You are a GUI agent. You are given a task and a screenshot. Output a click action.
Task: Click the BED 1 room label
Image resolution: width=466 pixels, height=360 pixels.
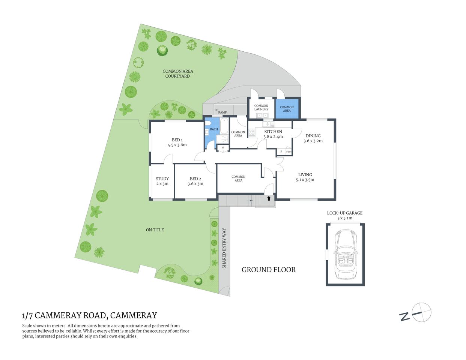click(x=177, y=140)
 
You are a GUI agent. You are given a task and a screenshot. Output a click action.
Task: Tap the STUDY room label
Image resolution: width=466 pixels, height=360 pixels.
click(x=162, y=178)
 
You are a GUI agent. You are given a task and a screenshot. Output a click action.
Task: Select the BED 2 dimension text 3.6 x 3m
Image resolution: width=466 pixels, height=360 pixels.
click(x=195, y=184)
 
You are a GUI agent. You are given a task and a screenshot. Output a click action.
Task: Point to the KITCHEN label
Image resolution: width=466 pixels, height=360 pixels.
click(x=273, y=132)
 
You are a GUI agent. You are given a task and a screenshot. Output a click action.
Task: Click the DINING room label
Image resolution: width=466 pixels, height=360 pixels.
click(x=313, y=136)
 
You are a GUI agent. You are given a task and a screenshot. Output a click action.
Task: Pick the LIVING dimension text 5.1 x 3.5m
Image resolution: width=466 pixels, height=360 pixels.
click(x=305, y=180)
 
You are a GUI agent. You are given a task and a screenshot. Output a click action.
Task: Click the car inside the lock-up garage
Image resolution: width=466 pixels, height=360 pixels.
click(x=345, y=255)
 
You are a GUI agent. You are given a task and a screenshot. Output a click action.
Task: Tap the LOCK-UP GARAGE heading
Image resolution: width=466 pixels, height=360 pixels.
click(x=344, y=213)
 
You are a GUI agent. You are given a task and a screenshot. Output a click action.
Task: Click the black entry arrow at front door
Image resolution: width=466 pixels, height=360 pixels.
click(x=269, y=198)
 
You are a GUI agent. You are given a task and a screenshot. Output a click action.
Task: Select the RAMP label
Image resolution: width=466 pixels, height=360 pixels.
click(x=222, y=112)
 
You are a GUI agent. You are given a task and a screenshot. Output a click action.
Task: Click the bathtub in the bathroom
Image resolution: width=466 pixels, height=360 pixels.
click(x=224, y=126)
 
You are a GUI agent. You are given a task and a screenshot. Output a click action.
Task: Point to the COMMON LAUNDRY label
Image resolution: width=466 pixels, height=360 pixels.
click(x=261, y=108)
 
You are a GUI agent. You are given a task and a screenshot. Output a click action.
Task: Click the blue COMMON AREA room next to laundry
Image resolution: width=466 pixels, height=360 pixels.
click(x=287, y=109)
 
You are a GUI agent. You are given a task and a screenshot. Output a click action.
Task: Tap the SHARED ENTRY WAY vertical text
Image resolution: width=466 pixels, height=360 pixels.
click(x=224, y=248)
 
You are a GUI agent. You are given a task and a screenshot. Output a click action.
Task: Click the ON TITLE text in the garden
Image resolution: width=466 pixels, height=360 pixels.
click(x=155, y=230)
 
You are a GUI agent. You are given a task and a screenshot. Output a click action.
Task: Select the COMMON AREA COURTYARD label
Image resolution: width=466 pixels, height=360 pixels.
click(x=178, y=73)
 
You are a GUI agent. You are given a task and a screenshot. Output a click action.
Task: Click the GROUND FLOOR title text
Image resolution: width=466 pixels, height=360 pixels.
click(x=269, y=270)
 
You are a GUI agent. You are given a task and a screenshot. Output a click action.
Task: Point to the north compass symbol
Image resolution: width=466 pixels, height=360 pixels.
click(x=421, y=312)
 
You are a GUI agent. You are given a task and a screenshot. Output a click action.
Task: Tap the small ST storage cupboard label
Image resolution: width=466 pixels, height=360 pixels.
click(x=223, y=148)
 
